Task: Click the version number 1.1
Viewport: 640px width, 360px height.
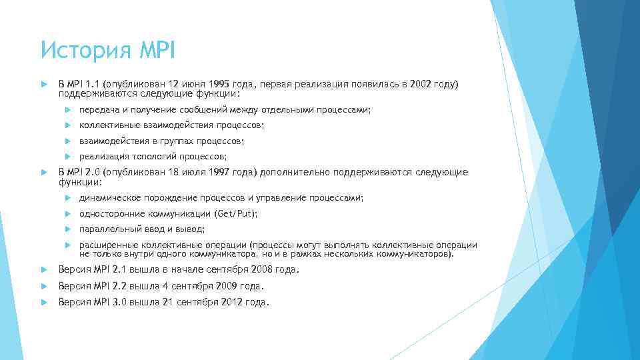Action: point(91,85)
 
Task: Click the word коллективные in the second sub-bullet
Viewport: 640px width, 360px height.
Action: point(109,125)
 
